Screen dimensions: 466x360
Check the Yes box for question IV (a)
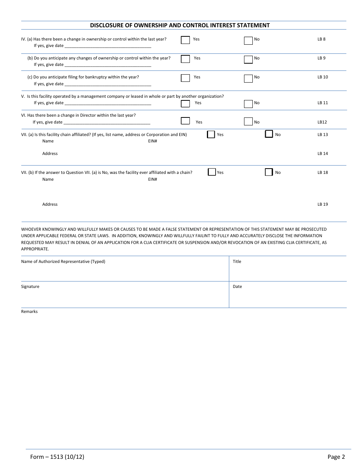(x=185, y=40)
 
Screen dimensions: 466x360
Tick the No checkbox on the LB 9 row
(x=248, y=59)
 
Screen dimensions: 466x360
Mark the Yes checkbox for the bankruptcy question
(x=185, y=78)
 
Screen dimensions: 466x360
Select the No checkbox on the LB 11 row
(x=248, y=104)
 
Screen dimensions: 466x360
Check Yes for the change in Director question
(x=185, y=121)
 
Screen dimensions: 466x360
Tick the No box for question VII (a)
(x=269, y=134)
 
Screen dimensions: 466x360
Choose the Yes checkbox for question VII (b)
(x=212, y=172)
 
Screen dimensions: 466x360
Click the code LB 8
(x=321, y=39)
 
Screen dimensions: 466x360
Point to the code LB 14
(x=322, y=153)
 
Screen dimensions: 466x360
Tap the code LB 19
(x=322, y=205)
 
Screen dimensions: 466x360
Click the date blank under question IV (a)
(x=108, y=46)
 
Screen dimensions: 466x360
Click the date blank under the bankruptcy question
(x=108, y=84)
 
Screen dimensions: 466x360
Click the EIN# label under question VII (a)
(x=152, y=141)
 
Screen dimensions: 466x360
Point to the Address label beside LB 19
(x=50, y=205)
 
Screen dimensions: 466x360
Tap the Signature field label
(x=30, y=287)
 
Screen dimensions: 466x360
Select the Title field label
(x=237, y=262)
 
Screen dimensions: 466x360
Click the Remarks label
(x=30, y=312)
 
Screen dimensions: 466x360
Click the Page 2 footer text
(x=336, y=457)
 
